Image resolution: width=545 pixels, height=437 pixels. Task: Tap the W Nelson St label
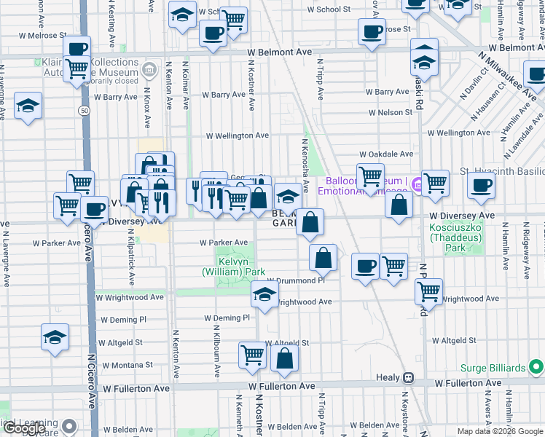[390, 113]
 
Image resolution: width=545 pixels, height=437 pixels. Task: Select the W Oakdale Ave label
[386, 154]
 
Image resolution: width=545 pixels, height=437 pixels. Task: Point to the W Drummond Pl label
[295, 280]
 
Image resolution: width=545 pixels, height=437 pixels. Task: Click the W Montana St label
[127, 365]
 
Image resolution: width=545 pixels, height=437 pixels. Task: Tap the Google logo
[24, 428]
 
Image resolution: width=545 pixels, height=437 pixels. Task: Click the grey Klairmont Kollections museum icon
[149, 71]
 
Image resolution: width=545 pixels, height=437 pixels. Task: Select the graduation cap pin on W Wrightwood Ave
[264, 294]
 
